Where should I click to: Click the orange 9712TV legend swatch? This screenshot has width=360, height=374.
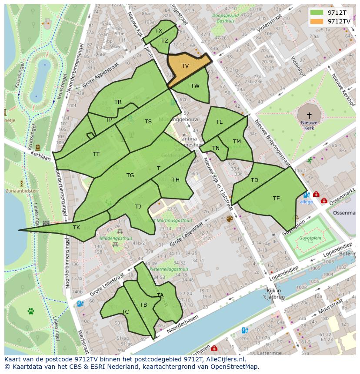tap(317, 21)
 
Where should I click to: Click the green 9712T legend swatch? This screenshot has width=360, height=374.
tap(317, 13)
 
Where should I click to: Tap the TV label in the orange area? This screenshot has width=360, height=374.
tap(185, 66)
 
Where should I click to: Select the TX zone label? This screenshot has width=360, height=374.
tap(159, 31)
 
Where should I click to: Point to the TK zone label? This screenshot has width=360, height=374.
tap(77, 228)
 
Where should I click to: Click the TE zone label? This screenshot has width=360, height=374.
tap(277, 199)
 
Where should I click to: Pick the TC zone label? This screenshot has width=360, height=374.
tap(125, 312)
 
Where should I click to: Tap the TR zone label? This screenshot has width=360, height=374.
tap(118, 102)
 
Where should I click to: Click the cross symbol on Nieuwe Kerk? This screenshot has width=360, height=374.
tap(309, 115)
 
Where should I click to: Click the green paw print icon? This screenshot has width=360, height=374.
tap(31, 311)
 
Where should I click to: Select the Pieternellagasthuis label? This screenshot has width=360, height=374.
tap(169, 269)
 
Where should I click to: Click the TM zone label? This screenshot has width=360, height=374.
tap(237, 142)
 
